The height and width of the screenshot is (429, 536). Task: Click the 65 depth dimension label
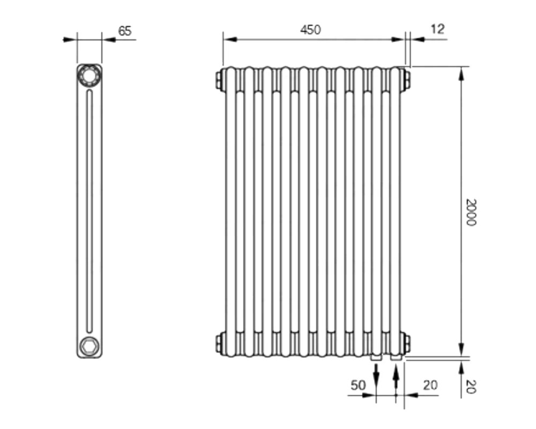click(x=125, y=31)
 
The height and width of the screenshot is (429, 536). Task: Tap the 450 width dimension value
click(x=310, y=30)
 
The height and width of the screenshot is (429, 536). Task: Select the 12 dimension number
click(x=437, y=29)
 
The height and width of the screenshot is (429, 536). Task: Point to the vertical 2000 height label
click(x=471, y=212)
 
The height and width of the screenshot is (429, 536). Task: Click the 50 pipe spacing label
click(x=358, y=386)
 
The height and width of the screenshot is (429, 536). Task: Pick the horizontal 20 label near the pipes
click(x=430, y=386)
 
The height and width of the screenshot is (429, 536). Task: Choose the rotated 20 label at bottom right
click(x=471, y=387)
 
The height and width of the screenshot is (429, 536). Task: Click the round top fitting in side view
click(x=89, y=75)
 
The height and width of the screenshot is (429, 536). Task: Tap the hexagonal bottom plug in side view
click(x=89, y=345)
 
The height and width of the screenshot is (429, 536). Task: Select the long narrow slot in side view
click(x=90, y=211)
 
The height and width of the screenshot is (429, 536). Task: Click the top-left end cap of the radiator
click(x=219, y=79)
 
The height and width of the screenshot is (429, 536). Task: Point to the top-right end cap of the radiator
click(x=407, y=79)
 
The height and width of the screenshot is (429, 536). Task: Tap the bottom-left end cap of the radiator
click(x=219, y=344)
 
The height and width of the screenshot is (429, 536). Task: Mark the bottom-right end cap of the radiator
click(x=407, y=344)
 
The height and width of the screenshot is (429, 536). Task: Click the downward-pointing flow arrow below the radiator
click(x=376, y=375)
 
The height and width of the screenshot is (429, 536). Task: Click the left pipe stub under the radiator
click(x=376, y=358)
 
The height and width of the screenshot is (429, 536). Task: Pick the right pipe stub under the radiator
click(x=396, y=358)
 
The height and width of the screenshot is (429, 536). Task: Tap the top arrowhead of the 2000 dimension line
click(x=461, y=73)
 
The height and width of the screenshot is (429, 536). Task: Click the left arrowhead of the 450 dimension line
click(x=230, y=39)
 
